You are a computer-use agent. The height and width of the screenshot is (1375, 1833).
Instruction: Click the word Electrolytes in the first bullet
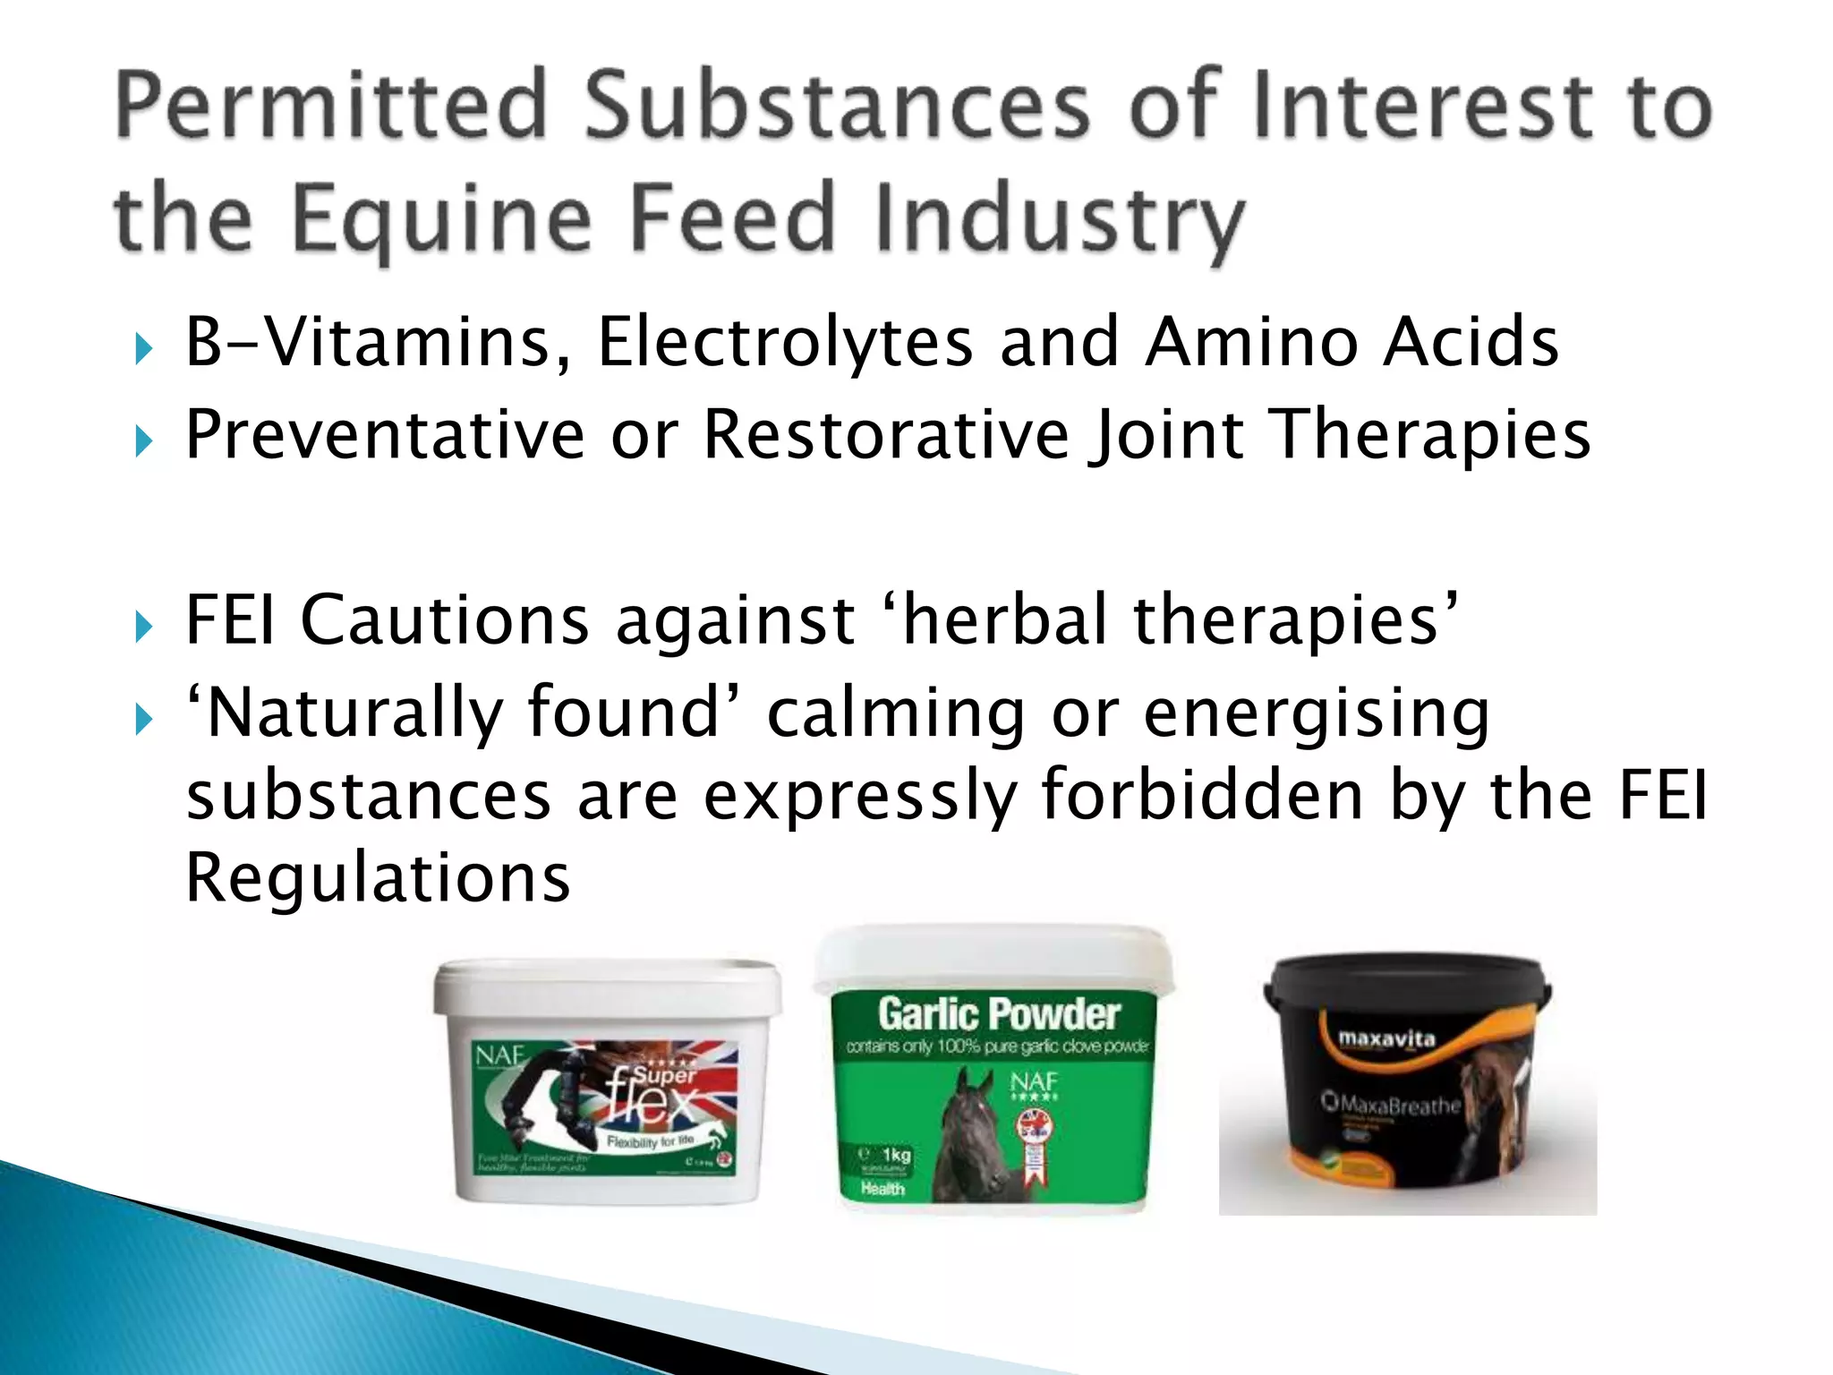pos(785,343)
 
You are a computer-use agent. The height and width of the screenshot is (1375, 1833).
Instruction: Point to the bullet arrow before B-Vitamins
pos(143,348)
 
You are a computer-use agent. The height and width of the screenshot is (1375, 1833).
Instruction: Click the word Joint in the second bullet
pos(1166,435)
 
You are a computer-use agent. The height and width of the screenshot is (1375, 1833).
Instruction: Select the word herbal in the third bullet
pos(1005,619)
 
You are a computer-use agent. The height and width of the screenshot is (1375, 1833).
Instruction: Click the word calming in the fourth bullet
pos(896,713)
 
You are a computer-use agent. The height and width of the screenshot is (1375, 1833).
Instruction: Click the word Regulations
pos(378,878)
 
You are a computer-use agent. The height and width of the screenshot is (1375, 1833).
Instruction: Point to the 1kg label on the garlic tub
pos(895,1154)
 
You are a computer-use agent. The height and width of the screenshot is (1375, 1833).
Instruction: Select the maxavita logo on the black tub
pos(1386,1038)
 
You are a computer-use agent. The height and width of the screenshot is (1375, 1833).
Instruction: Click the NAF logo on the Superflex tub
pos(499,1056)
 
